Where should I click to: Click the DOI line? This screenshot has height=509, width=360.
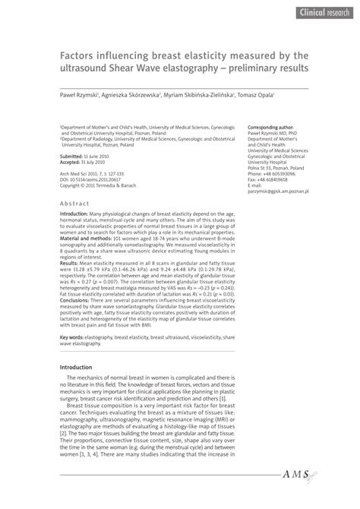(89, 179)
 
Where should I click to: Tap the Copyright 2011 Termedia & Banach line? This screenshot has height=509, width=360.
(99, 185)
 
